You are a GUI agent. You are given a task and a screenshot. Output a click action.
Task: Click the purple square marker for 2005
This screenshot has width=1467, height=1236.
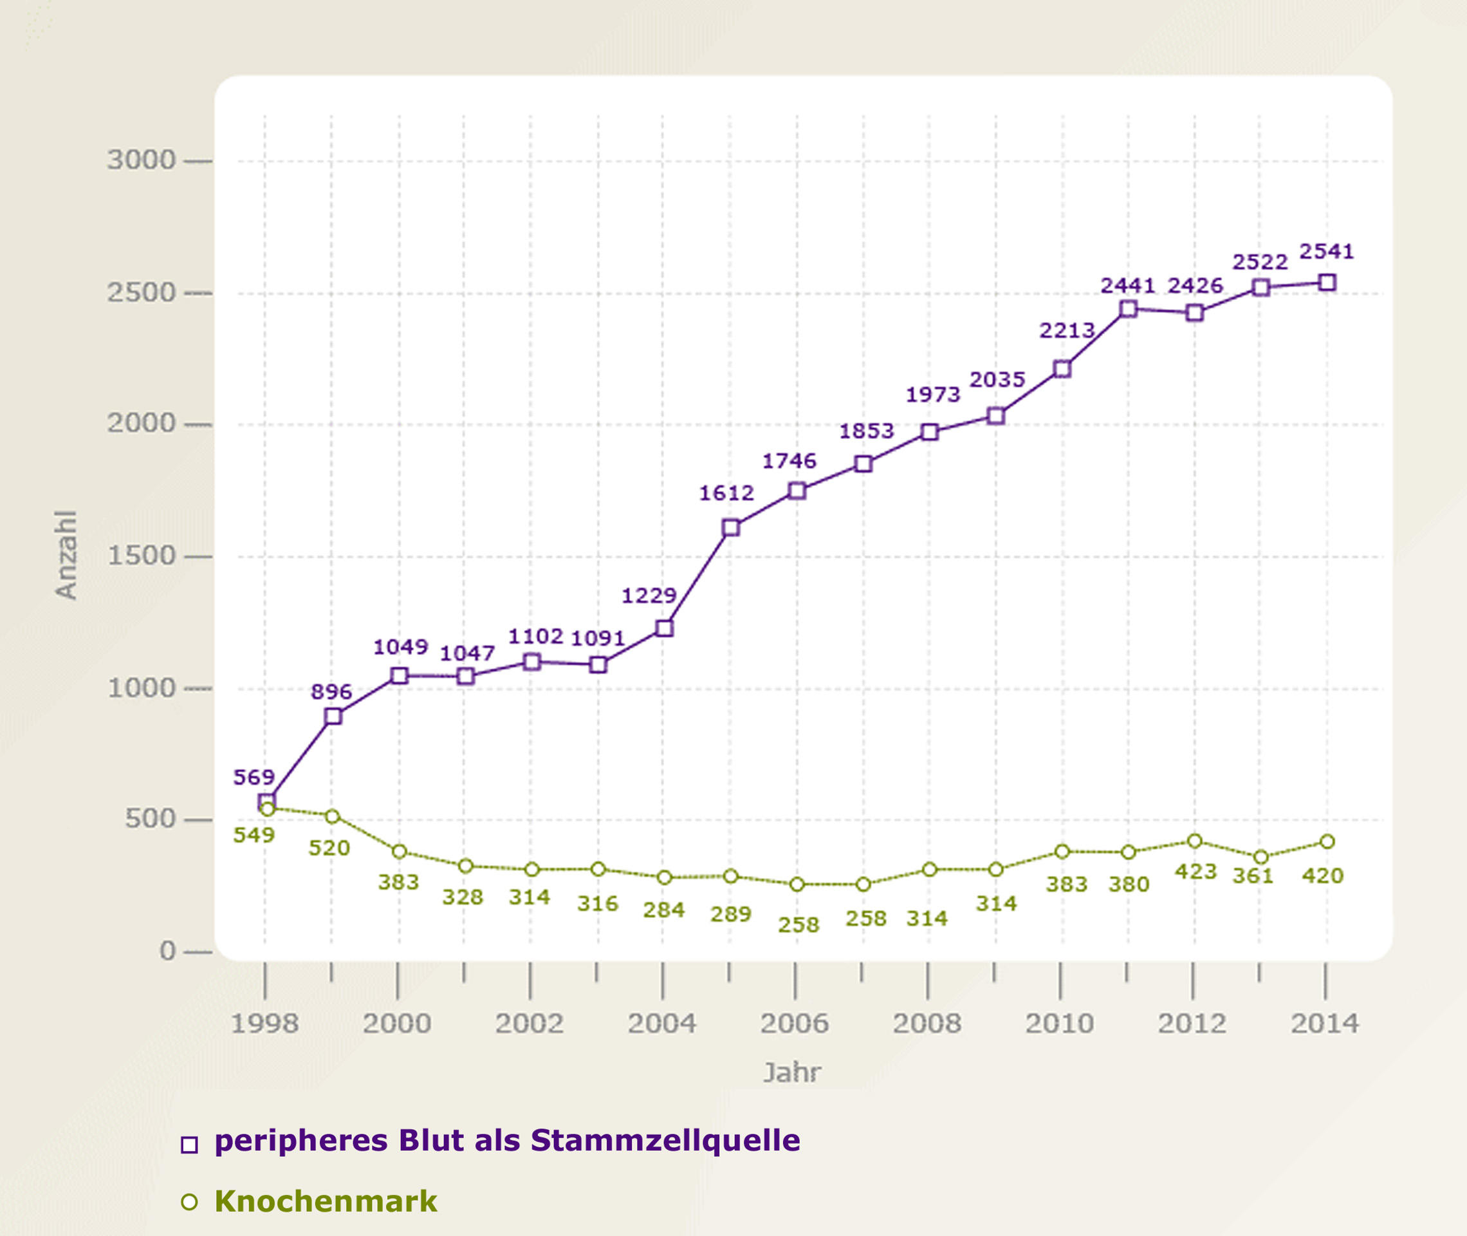click(x=730, y=528)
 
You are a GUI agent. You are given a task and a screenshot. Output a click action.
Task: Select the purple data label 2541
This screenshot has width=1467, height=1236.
click(x=1326, y=252)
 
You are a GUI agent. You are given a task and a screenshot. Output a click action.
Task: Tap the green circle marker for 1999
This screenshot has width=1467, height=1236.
click(x=333, y=816)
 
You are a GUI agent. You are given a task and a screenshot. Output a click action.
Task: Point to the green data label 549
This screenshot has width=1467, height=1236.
click(x=254, y=835)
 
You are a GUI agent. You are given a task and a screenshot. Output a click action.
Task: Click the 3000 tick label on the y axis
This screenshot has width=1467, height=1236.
click(x=141, y=160)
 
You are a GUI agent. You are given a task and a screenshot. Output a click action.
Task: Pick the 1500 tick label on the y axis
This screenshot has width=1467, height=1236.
click(x=141, y=556)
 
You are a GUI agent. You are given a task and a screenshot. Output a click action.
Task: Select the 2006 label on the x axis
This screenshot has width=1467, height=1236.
click(x=795, y=1024)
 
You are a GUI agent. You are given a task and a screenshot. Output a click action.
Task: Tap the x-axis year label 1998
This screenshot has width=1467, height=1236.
click(x=264, y=1024)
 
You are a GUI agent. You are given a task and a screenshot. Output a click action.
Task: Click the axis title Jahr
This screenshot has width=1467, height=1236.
click(x=792, y=1072)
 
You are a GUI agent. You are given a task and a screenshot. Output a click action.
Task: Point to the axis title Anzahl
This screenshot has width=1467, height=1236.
click(x=66, y=555)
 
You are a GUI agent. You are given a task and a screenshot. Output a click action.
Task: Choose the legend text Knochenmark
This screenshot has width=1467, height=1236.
click(x=326, y=1201)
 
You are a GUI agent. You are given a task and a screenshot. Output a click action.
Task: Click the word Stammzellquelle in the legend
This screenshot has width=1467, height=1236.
click(x=665, y=1140)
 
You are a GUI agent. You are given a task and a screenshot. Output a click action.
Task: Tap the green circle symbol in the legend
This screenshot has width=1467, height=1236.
click(x=189, y=1203)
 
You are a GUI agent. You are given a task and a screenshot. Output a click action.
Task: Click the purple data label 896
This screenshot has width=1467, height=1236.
click(x=331, y=692)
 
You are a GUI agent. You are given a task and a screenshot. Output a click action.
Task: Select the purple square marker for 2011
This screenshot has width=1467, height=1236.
click(x=1128, y=309)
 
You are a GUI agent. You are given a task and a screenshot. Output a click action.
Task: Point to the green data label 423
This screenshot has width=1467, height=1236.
click(x=1195, y=872)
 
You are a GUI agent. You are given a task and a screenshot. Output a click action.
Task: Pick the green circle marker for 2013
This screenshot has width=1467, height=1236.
click(x=1260, y=857)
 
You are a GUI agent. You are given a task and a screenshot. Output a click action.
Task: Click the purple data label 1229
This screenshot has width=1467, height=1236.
click(x=649, y=595)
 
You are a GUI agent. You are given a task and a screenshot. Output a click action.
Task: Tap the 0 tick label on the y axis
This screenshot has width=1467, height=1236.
click(x=167, y=951)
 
